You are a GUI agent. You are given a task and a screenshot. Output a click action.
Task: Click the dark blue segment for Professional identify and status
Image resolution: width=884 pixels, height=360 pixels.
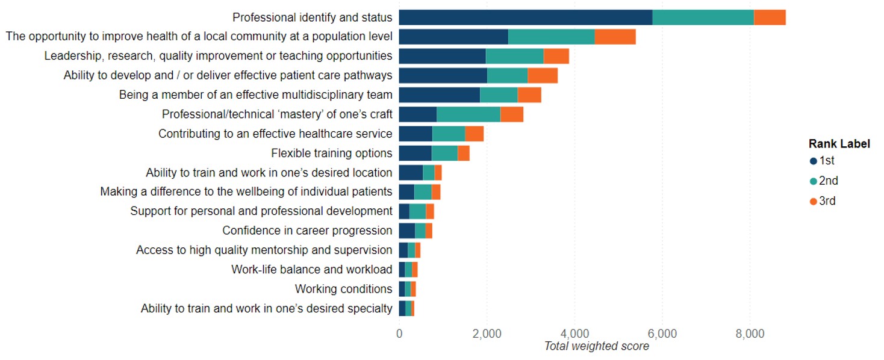tap(525, 17)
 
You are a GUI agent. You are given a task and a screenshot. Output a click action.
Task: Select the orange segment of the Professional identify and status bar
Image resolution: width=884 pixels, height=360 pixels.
tap(770, 17)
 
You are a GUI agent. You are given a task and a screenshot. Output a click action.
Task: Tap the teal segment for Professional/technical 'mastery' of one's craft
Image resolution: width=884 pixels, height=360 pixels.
tap(468, 114)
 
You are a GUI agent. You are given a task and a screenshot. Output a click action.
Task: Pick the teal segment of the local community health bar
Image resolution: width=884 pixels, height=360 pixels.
tap(551, 37)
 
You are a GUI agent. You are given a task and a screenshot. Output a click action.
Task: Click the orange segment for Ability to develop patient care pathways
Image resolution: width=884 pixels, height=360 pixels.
tap(543, 75)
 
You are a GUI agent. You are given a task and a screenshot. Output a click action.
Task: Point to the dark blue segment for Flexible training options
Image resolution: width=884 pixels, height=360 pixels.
tap(415, 153)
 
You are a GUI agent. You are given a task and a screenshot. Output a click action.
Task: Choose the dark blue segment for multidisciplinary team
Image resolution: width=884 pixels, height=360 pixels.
tap(439, 95)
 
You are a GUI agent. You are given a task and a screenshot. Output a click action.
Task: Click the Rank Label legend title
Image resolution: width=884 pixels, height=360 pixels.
tap(839, 144)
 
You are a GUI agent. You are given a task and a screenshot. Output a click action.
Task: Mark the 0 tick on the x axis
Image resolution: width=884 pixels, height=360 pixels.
tap(399, 334)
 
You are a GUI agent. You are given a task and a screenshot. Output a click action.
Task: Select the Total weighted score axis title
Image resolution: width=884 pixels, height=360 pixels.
tap(596, 346)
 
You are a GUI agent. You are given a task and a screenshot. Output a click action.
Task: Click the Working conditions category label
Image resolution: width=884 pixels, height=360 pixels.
tap(343, 289)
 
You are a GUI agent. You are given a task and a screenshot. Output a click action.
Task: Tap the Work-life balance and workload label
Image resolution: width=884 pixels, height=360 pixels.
tap(311, 269)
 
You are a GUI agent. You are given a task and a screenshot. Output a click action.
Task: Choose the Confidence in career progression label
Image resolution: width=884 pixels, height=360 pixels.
tap(307, 231)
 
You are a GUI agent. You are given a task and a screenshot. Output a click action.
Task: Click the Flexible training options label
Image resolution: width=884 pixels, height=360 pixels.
tap(331, 153)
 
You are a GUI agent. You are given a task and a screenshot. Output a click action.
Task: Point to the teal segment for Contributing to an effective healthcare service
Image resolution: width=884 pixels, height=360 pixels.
tap(448, 134)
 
